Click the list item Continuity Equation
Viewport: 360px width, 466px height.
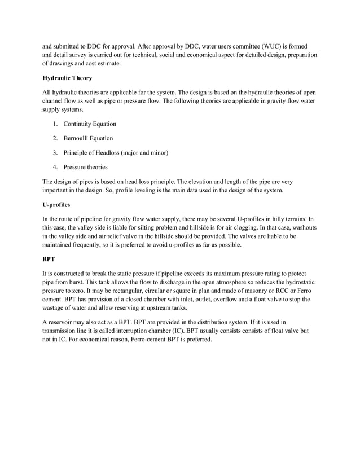(90, 124)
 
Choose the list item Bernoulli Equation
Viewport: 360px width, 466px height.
(88, 138)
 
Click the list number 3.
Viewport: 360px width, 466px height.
(55, 152)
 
